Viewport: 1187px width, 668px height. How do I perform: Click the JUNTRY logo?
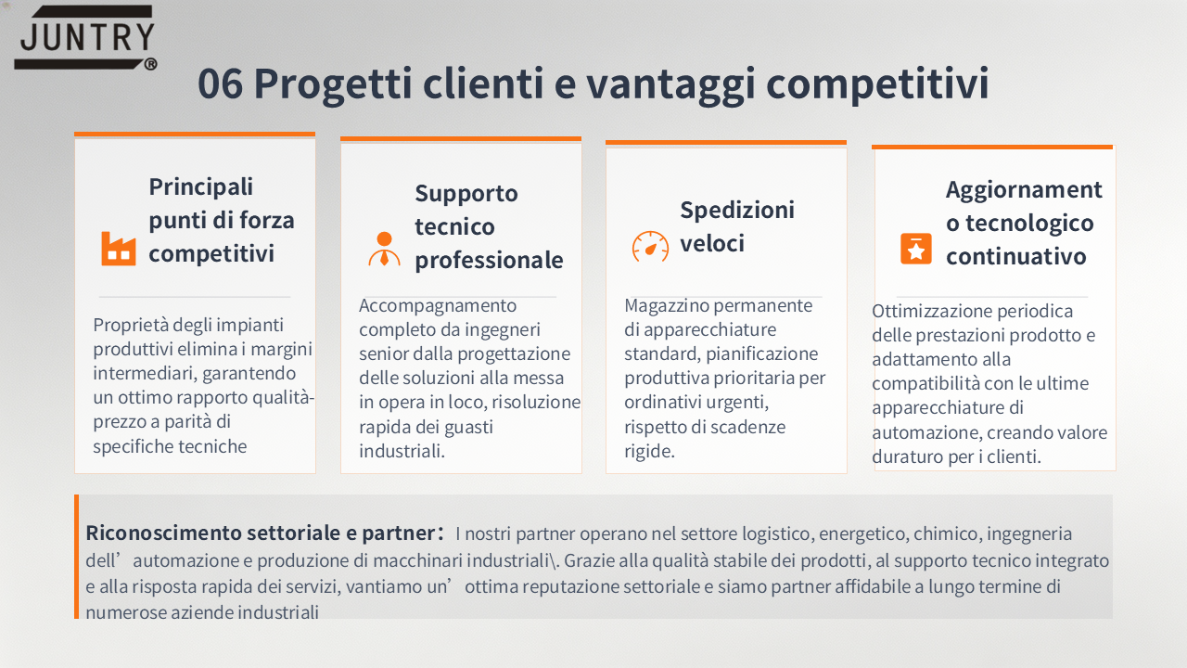tap(85, 38)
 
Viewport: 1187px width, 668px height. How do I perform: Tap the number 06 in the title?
tap(221, 83)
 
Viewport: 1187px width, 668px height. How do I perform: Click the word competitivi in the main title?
tap(877, 84)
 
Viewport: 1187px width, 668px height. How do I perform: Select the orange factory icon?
tap(118, 248)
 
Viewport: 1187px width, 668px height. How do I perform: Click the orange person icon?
tap(384, 249)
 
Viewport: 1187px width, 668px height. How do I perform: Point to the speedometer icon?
tap(650, 247)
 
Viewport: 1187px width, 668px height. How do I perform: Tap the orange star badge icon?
tap(915, 249)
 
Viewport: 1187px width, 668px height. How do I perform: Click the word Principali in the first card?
tap(201, 187)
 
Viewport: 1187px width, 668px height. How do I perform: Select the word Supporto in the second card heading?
tap(466, 194)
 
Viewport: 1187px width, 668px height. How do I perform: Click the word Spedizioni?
tap(737, 211)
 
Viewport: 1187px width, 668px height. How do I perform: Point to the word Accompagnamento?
tap(438, 306)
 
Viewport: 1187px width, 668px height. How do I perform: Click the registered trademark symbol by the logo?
tap(150, 64)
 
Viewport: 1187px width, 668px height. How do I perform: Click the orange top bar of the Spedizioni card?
tap(726, 142)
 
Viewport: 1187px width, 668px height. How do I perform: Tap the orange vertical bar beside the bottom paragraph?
tap(76, 557)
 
